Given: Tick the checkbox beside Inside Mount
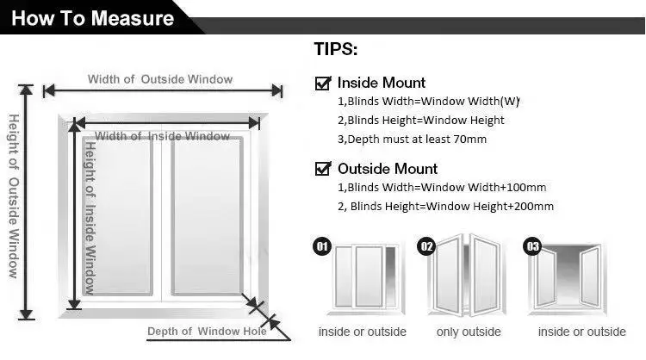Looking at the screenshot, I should (324, 84).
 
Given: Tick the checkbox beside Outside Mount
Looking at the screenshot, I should (324, 169).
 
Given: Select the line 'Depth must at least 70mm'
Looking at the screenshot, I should (411, 139).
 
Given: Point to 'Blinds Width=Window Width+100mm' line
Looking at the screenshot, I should (441, 187).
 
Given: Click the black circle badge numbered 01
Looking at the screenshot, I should (321, 248).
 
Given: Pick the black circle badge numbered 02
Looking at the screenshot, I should (425, 247).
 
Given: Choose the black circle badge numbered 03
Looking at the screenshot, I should (532, 248).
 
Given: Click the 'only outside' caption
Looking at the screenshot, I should (469, 332).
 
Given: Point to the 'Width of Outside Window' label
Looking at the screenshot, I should (160, 79).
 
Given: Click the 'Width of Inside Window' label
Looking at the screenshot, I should (162, 136).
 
